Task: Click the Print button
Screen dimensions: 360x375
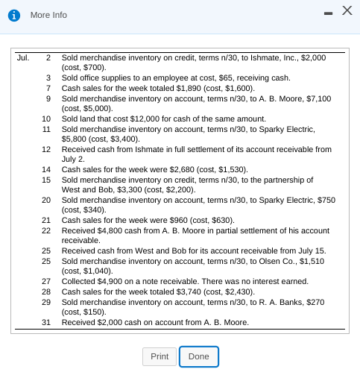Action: [160, 357]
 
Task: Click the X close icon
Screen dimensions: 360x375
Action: [345, 12]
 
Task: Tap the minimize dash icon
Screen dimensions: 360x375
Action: [326, 13]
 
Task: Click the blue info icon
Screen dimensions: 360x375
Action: [14, 15]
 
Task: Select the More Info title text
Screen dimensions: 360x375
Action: [48, 15]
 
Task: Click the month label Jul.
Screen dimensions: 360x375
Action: [24, 57]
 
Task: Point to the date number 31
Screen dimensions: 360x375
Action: [46, 322]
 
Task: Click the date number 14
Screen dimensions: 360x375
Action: [46, 170]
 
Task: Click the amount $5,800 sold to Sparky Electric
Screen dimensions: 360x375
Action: [76, 138]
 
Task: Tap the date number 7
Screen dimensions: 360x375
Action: [48, 87]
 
